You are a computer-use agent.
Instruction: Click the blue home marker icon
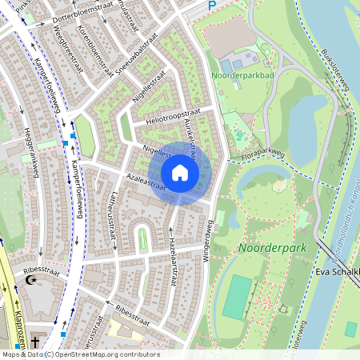(180, 172)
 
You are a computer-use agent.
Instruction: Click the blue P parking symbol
(212, 6)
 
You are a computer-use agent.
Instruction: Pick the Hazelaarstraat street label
(173, 247)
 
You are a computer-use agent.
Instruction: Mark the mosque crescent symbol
(33, 282)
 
